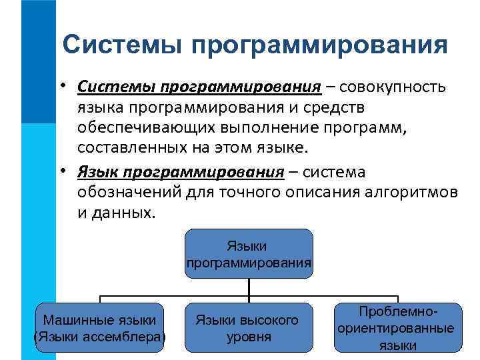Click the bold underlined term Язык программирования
click(180, 173)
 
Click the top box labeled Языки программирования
click(248, 253)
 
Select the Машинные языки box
click(99, 327)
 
